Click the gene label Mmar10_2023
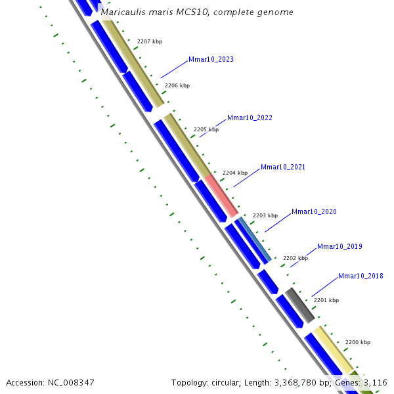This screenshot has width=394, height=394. click(211, 60)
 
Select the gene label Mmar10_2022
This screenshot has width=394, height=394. click(250, 118)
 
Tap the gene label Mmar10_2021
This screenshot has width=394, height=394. click(283, 167)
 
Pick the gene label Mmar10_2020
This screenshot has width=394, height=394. click(314, 212)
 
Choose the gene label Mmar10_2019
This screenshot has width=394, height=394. click(339, 247)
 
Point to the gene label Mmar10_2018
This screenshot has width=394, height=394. click(361, 276)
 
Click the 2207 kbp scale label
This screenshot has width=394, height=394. click(150, 41)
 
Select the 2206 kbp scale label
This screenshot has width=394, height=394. click(177, 85)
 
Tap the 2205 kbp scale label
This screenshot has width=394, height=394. click(206, 129)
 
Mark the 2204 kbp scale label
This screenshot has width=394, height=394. click(235, 173)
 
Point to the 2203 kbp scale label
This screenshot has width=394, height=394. click(265, 215)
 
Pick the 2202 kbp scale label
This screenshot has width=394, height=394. click(295, 258)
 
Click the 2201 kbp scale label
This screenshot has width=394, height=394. click(326, 300)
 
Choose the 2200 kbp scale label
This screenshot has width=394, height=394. click(358, 342)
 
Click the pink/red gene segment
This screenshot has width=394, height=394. click(221, 195)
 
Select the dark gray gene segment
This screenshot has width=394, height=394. click(300, 305)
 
